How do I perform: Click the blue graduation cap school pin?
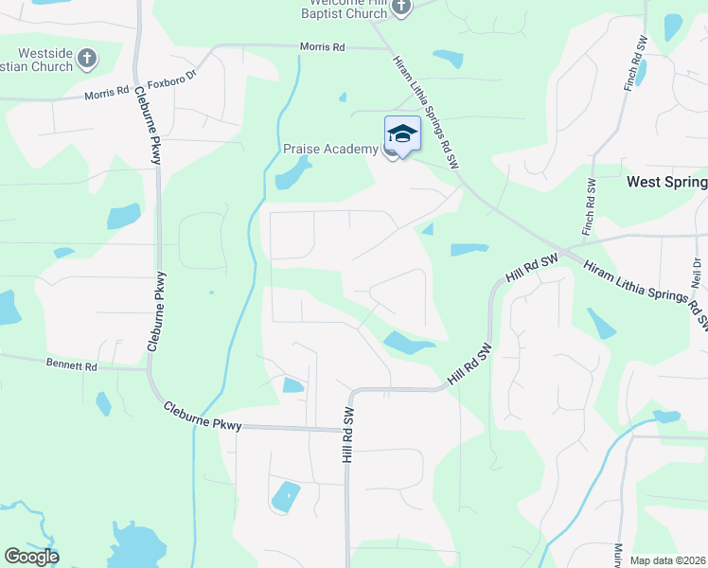click(402, 135)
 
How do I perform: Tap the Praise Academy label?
click(330, 150)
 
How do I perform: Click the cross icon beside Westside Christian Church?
click(86, 59)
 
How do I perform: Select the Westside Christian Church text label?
click(38, 60)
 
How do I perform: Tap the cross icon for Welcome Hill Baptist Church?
click(400, 8)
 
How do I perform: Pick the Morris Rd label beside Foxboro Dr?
click(106, 93)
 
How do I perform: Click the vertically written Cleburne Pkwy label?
click(154, 126)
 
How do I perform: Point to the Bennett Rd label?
click(71, 364)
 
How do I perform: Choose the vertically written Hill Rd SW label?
click(347, 435)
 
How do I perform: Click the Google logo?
click(31, 557)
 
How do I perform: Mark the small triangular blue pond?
click(428, 229)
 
